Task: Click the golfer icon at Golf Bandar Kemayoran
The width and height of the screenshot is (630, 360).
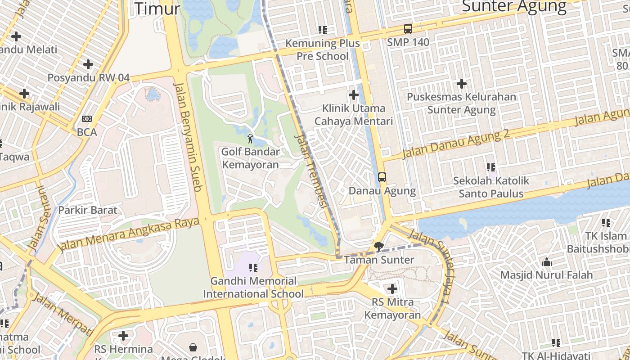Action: click(250, 138)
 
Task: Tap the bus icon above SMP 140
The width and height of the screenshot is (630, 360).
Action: click(408, 29)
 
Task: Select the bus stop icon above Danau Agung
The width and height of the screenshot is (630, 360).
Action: click(382, 177)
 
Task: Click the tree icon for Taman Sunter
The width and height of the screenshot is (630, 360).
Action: click(379, 246)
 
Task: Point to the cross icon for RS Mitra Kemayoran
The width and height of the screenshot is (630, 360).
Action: click(392, 288)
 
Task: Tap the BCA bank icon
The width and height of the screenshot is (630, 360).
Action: click(87, 119)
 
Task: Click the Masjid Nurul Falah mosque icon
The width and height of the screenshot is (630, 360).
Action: click(547, 261)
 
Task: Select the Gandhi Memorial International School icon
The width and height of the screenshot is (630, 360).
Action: click(253, 268)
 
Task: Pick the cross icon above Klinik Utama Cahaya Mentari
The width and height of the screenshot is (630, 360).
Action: click(354, 95)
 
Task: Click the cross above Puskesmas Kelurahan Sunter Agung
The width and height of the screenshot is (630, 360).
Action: click(461, 83)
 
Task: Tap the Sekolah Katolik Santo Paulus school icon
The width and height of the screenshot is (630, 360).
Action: click(491, 167)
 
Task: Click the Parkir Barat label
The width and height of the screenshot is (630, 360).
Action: click(87, 210)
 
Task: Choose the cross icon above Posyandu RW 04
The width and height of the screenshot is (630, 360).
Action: click(88, 64)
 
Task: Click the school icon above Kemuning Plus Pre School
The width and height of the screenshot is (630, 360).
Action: click(323, 30)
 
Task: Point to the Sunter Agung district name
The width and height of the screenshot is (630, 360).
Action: click(514, 6)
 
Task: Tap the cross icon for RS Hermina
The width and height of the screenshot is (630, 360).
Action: click(123, 336)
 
